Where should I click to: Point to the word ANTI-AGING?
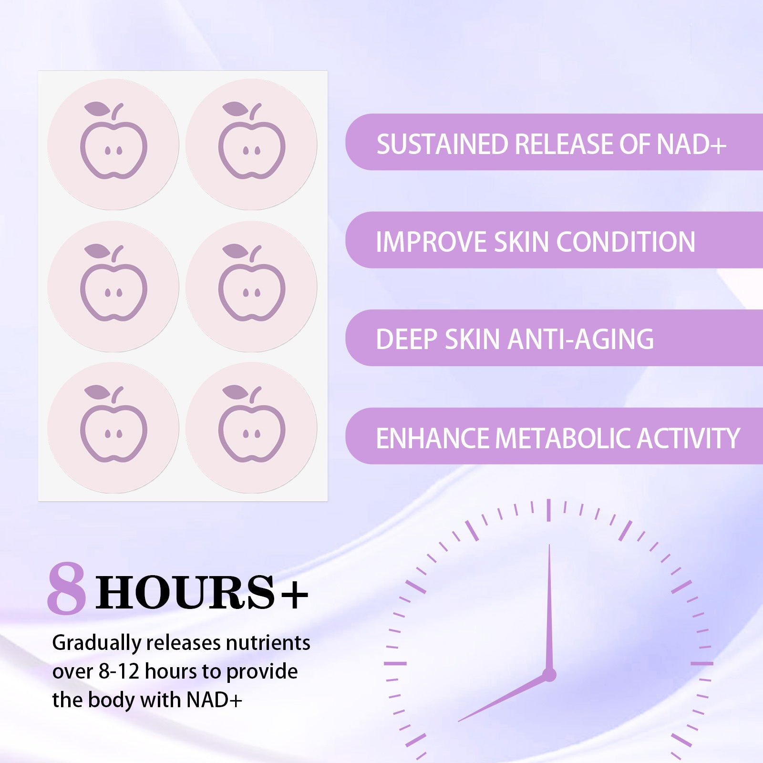(x=580, y=339)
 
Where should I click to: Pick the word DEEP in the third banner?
(x=406, y=339)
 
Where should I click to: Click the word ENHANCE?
(x=433, y=438)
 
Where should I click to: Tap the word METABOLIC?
(x=564, y=438)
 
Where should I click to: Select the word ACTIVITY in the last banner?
(x=689, y=438)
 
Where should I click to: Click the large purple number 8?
(x=67, y=589)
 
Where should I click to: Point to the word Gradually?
(x=97, y=644)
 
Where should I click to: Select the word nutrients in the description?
(x=268, y=643)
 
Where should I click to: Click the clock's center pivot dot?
(x=549, y=674)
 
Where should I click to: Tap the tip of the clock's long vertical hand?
(x=549, y=545)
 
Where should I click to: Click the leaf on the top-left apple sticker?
(x=97, y=109)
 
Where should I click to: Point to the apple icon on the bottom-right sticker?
(x=252, y=423)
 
